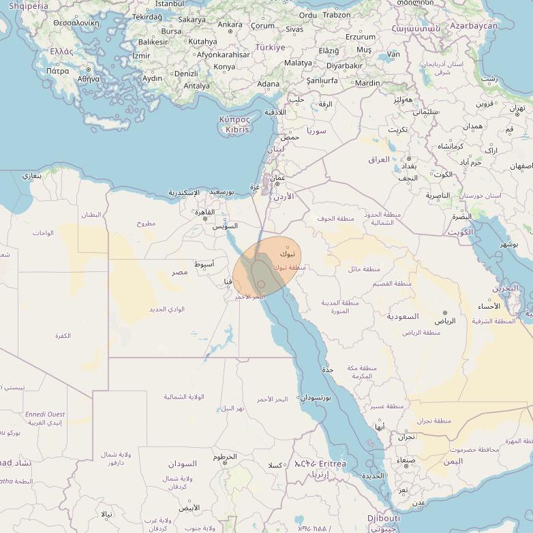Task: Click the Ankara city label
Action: [x=229, y=25]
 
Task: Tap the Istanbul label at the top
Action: [x=169, y=4]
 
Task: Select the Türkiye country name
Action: [x=270, y=48]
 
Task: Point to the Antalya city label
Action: [x=197, y=86]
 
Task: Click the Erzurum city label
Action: [x=361, y=37]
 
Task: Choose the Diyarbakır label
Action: [x=344, y=66]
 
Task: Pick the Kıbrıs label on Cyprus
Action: [x=238, y=130]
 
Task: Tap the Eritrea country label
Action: [x=328, y=463]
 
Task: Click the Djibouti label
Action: [x=384, y=518]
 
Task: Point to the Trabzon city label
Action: [x=337, y=15]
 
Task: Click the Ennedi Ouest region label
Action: [x=45, y=414]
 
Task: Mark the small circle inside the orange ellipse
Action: [x=261, y=285]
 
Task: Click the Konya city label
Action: [x=224, y=67]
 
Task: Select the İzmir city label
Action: [x=141, y=56]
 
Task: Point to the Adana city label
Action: [x=268, y=85]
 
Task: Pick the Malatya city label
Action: [x=298, y=63]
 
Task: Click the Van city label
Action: [x=393, y=54]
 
